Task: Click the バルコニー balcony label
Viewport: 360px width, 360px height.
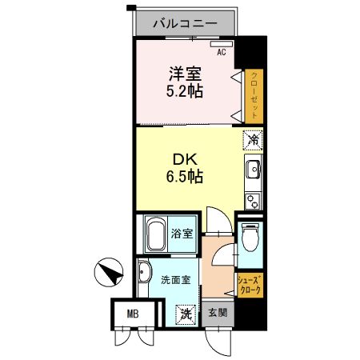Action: [185, 24]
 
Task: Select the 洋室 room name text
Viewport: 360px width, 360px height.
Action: [184, 74]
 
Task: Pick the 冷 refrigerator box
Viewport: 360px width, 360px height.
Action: [252, 139]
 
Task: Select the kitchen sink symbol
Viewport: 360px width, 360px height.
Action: [253, 170]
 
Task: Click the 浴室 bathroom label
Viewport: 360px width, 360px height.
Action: [182, 234]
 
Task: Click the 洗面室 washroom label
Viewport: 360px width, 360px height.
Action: [175, 280]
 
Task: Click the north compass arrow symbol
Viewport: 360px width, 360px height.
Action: [109, 274]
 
